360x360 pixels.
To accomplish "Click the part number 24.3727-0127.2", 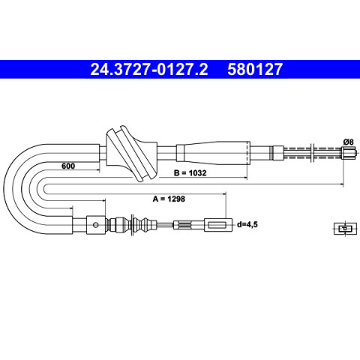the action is [149, 69].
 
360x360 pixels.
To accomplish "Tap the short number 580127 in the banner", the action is [255, 69].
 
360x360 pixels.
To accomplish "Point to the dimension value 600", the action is [68, 166].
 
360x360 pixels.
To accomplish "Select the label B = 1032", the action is [190, 172].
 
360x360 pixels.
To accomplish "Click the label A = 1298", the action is [169, 199].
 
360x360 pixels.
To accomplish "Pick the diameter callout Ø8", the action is [348, 142].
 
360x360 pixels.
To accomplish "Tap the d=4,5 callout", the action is [247, 224].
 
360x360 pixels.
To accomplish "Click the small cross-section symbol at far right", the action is [345, 228].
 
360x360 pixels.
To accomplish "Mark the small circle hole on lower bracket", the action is [95, 225].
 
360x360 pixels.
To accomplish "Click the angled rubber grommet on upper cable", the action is [131, 154].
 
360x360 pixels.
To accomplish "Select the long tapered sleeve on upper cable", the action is [213, 153].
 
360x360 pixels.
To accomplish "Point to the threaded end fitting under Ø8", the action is [348, 152].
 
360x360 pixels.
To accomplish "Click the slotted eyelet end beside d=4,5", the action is [218, 225].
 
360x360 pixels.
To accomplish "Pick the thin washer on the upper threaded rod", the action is [312, 153].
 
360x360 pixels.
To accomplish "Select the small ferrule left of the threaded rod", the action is [277, 153].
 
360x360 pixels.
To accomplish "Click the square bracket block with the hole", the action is [96, 225].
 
